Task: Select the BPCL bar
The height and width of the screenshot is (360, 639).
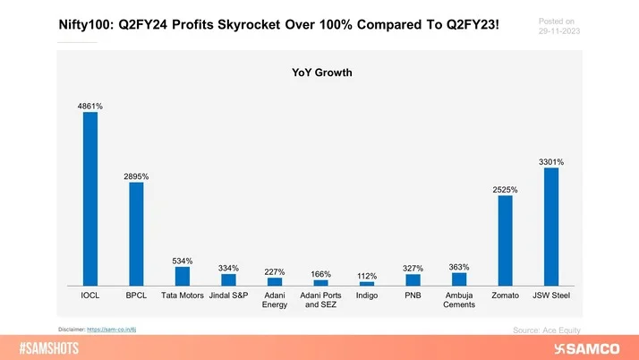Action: [x=137, y=234]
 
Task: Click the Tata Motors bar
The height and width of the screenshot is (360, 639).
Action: [x=183, y=276]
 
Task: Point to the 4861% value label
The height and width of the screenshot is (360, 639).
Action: [x=90, y=107]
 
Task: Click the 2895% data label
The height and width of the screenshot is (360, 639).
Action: [x=137, y=176]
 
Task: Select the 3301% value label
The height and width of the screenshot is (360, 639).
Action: [x=551, y=161]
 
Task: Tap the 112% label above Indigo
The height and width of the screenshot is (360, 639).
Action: [x=367, y=275]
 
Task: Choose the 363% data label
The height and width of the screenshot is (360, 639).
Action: [x=459, y=267]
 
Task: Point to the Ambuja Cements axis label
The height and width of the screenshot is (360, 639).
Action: [x=459, y=298]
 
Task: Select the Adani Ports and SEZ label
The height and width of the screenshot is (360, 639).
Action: [x=321, y=298]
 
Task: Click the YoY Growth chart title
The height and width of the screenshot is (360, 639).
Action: [x=319, y=76]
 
